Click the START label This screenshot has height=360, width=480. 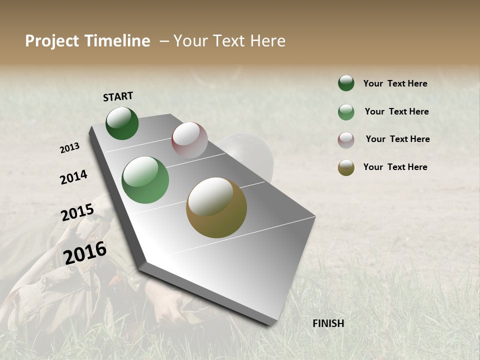click(x=118, y=96)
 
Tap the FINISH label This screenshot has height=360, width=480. click(x=328, y=323)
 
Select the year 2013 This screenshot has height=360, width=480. click(x=69, y=148)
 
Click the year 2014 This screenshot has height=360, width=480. click(x=73, y=177)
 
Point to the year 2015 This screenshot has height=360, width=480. click(x=77, y=212)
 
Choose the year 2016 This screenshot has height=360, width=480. click(x=85, y=253)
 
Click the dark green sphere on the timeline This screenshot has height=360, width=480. click(x=122, y=123)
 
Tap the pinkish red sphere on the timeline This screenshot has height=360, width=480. click(x=189, y=140)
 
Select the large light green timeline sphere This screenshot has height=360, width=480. click(x=145, y=180)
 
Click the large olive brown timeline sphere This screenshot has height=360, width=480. click(x=216, y=207)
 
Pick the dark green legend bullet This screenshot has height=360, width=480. click(x=346, y=83)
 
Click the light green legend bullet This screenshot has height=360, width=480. click(x=346, y=112)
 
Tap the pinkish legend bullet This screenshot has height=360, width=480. click(x=346, y=140)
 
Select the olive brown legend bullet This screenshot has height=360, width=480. click(x=346, y=167)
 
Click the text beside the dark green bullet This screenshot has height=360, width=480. click(x=395, y=83)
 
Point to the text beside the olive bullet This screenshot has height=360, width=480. click(x=395, y=167)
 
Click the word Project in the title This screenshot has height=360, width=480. click(x=52, y=41)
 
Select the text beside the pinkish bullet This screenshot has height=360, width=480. click(x=397, y=139)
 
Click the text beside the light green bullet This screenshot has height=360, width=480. click(x=396, y=111)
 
